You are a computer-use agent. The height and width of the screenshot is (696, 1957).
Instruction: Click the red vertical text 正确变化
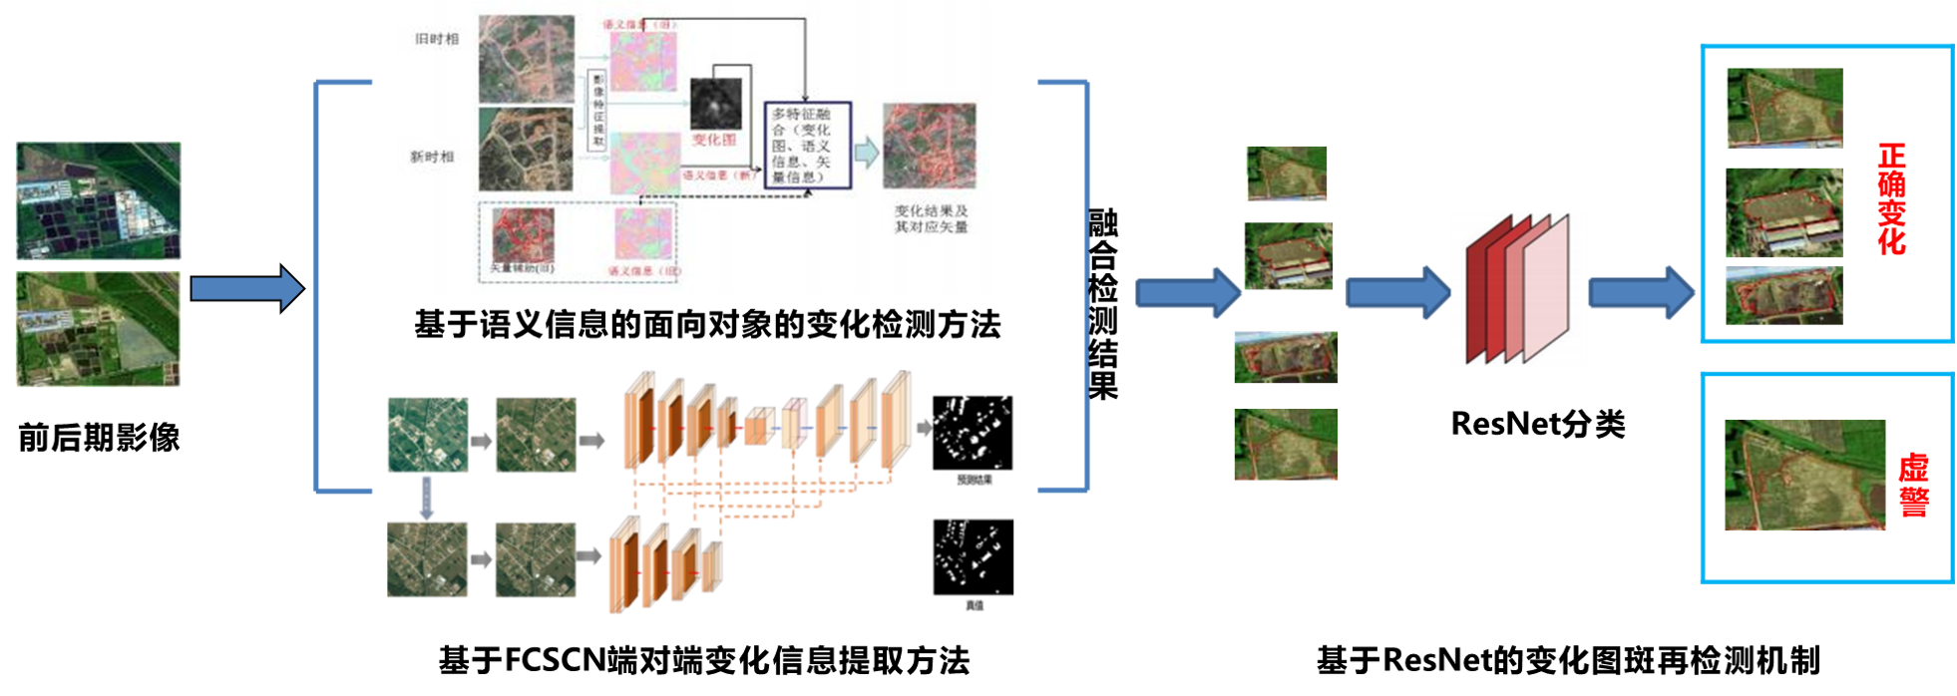pyautogui.click(x=1891, y=198)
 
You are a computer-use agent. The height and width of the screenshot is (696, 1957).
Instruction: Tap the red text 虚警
pyautogui.click(x=1913, y=486)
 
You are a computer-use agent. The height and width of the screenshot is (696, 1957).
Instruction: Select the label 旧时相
pyautogui.click(x=437, y=39)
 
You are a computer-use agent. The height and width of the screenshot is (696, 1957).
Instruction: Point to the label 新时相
pyautogui.click(x=433, y=157)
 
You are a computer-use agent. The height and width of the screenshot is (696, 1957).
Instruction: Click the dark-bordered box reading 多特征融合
pyautogui.click(x=807, y=146)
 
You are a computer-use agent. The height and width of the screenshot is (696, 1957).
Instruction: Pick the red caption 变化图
pyautogui.click(x=714, y=140)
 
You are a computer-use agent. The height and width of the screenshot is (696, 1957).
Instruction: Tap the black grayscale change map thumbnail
pyautogui.click(x=716, y=104)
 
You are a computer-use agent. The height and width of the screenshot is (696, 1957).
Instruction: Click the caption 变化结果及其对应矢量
pyautogui.click(x=931, y=219)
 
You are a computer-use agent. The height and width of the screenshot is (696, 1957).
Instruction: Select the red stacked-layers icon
pyautogui.click(x=1517, y=288)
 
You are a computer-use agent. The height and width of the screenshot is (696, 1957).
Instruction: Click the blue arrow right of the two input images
pyautogui.click(x=246, y=289)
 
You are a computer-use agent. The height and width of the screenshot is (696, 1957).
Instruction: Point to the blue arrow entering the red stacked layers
pyautogui.click(x=1396, y=293)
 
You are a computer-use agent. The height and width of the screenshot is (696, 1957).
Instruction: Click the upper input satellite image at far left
pyautogui.click(x=98, y=200)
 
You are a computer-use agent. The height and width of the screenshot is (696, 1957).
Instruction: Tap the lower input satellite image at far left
pyautogui.click(x=98, y=329)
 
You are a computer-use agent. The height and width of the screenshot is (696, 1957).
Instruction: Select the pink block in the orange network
pyautogui.click(x=792, y=425)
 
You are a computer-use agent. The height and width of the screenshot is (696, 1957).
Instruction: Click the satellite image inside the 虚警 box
pyautogui.click(x=1804, y=475)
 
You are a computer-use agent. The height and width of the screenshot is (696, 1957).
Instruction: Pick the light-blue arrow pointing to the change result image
pyautogui.click(x=866, y=153)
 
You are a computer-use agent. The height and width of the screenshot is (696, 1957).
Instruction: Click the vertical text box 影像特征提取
pyautogui.click(x=597, y=110)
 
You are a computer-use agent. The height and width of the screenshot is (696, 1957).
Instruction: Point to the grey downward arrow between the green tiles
pyautogui.click(x=427, y=497)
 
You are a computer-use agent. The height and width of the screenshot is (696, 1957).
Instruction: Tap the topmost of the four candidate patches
pyautogui.click(x=1286, y=173)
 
